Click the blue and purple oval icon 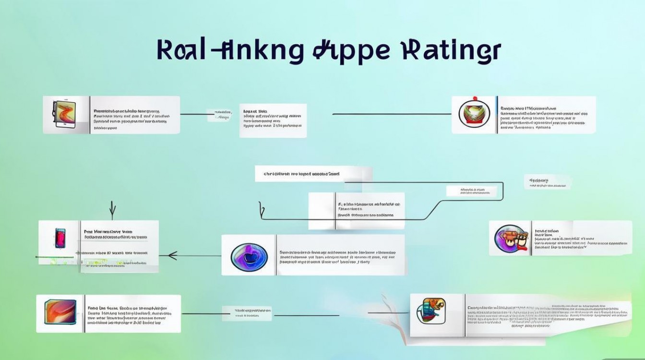[249, 255]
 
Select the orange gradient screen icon [60, 313]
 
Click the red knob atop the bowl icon [472, 99]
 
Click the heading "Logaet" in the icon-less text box [251, 110]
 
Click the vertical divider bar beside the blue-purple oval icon [275, 255]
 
